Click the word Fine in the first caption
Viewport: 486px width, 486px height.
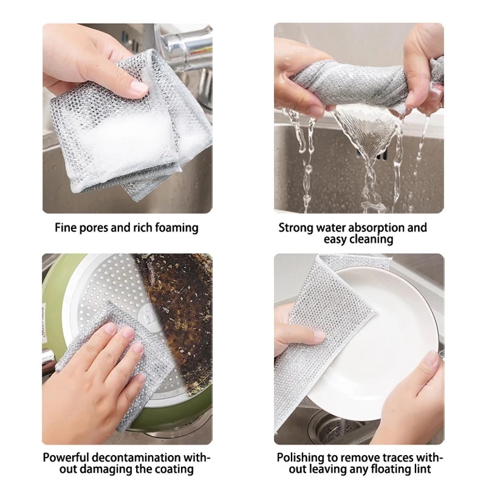[67, 228]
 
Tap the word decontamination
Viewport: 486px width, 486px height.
[139, 457]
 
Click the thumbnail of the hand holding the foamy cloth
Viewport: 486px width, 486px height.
[127, 118]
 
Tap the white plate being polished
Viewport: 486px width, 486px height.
[377, 340]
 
